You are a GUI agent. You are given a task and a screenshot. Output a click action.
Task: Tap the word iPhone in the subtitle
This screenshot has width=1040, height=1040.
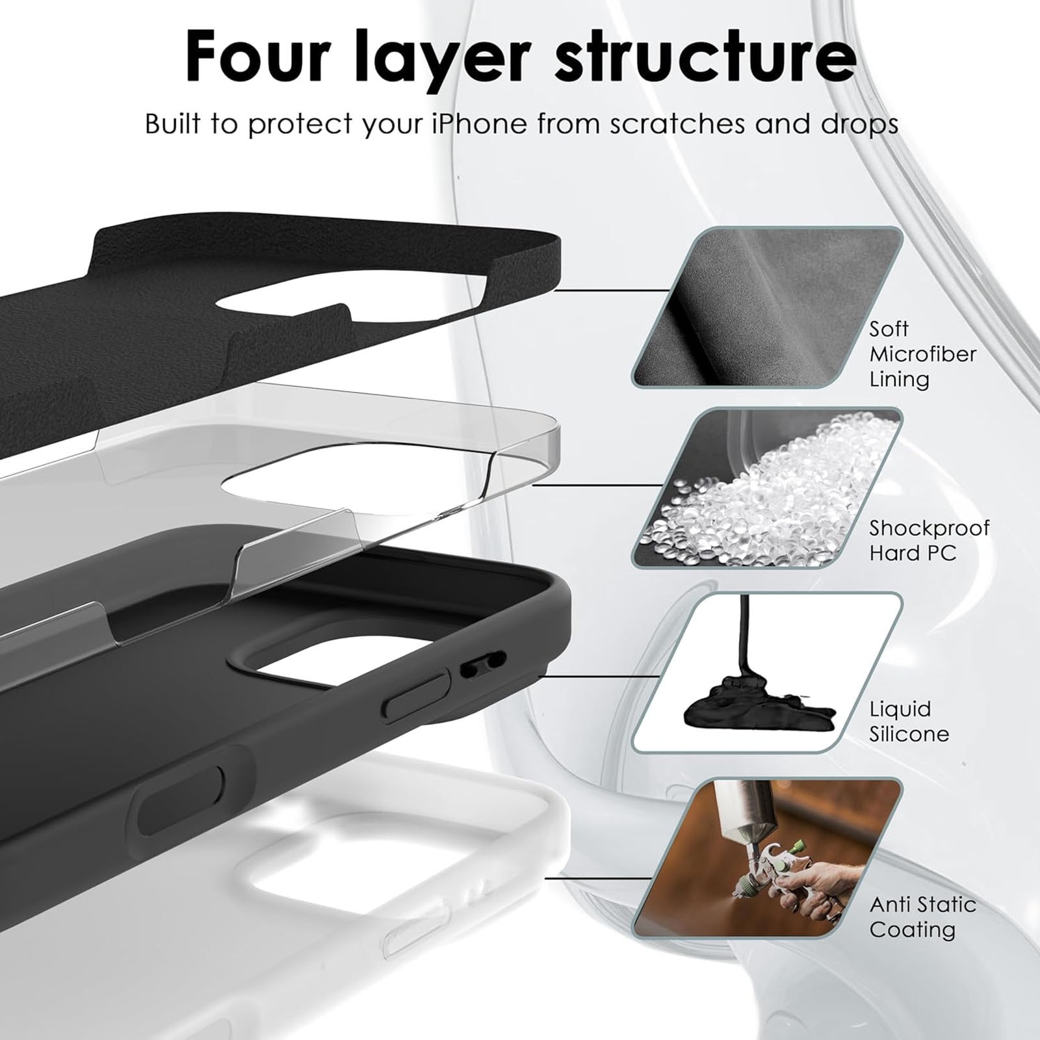pos(480,123)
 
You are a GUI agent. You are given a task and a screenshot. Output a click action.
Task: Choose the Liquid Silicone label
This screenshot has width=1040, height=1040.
pos(909,721)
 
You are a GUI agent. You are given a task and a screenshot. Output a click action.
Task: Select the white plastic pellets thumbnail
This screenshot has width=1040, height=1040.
pos(768,488)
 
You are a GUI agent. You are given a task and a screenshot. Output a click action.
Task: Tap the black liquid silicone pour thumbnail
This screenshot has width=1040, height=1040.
pos(768,673)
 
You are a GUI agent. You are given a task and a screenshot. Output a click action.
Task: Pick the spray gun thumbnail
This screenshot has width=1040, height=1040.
pos(768,858)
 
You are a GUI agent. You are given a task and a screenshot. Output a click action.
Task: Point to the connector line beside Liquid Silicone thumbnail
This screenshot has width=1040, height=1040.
pos(599,675)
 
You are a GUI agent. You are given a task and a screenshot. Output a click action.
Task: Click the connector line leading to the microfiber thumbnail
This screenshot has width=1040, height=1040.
pos(610,291)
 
